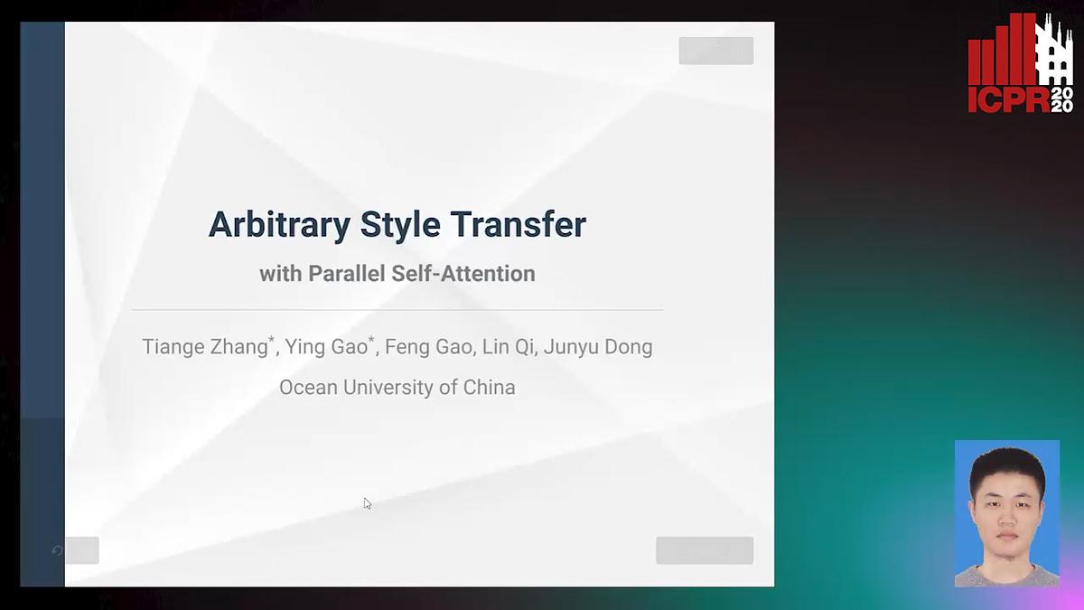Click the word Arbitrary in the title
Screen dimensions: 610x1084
point(280,225)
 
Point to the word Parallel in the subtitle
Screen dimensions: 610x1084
point(346,274)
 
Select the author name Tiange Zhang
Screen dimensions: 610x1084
point(205,347)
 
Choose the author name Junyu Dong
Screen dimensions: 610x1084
point(598,347)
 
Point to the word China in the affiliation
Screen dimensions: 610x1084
point(489,388)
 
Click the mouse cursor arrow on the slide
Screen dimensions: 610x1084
point(367,502)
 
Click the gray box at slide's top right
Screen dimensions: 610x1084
point(715,51)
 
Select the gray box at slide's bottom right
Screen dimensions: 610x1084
point(704,550)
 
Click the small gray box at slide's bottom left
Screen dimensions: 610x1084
point(81,550)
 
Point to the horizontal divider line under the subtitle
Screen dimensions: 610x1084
point(397,310)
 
